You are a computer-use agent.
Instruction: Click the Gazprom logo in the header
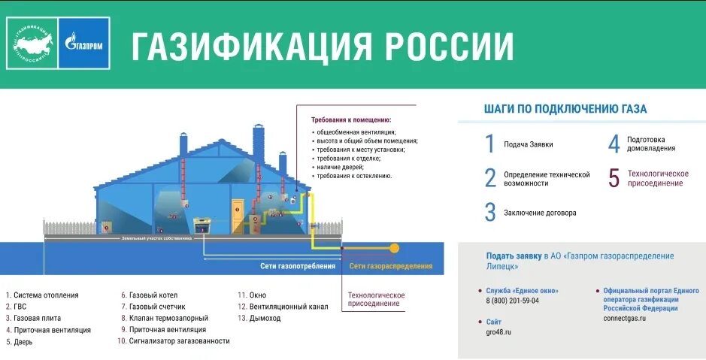[85, 44]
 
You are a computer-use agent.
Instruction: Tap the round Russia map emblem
[32, 44]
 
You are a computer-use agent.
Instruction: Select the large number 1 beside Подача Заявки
[490, 144]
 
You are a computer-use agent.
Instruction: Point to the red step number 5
[614, 178]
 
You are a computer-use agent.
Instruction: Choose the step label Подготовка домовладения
[651, 144]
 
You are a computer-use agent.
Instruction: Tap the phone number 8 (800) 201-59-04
[513, 301]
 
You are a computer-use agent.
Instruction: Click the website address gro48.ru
[499, 331]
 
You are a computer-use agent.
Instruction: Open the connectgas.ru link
[624, 318]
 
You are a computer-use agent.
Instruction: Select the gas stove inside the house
[202, 224]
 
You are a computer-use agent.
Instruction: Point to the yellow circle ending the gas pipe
[394, 247]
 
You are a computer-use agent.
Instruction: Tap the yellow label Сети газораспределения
[391, 266]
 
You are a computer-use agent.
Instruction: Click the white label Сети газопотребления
[298, 266]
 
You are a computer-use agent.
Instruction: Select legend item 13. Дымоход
[260, 318]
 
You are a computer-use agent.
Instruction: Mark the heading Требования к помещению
[351, 119]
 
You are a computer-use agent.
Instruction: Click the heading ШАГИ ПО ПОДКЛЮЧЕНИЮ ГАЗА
[565, 109]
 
